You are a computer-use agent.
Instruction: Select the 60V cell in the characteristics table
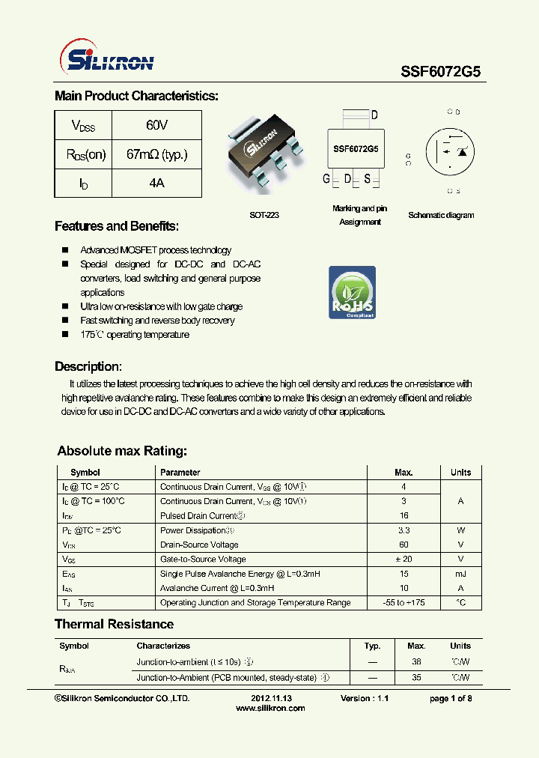(156, 125)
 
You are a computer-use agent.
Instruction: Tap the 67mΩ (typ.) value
(156, 154)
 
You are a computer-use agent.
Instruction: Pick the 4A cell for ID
(156, 183)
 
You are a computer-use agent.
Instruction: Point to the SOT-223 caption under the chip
(264, 215)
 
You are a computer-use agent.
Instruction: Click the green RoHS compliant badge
(352, 291)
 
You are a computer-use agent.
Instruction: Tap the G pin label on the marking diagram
(326, 179)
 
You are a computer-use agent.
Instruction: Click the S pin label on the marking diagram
(368, 179)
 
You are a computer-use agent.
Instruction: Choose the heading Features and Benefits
(117, 226)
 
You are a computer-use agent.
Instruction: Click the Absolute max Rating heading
(122, 451)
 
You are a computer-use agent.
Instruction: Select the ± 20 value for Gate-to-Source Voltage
(404, 559)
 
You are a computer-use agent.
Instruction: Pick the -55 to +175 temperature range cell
(404, 602)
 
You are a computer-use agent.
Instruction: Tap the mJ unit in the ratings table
(460, 574)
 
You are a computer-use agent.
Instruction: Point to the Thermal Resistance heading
(114, 624)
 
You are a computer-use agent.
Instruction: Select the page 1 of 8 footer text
(450, 698)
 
